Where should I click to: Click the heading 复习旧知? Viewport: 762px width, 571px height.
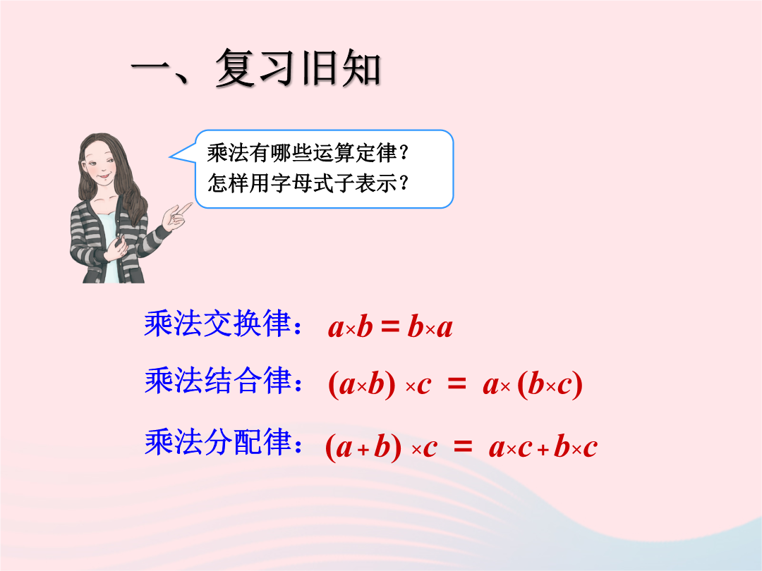point(298,68)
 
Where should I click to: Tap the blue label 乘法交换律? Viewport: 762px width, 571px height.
point(217,324)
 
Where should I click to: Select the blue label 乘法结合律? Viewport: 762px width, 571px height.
point(217,380)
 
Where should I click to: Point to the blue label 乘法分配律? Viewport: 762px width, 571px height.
point(217,442)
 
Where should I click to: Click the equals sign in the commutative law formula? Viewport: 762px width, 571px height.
point(389,326)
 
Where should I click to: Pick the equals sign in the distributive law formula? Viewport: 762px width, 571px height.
point(463,446)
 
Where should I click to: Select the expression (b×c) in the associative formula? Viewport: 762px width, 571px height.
point(550,385)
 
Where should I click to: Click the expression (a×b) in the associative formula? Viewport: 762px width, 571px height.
point(362,385)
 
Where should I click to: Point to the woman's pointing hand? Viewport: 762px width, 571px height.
point(177,216)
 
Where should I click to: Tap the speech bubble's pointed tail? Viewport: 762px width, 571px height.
point(171,156)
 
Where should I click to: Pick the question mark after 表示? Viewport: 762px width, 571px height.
point(404,183)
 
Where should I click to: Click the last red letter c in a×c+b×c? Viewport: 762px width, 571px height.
point(590,448)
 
